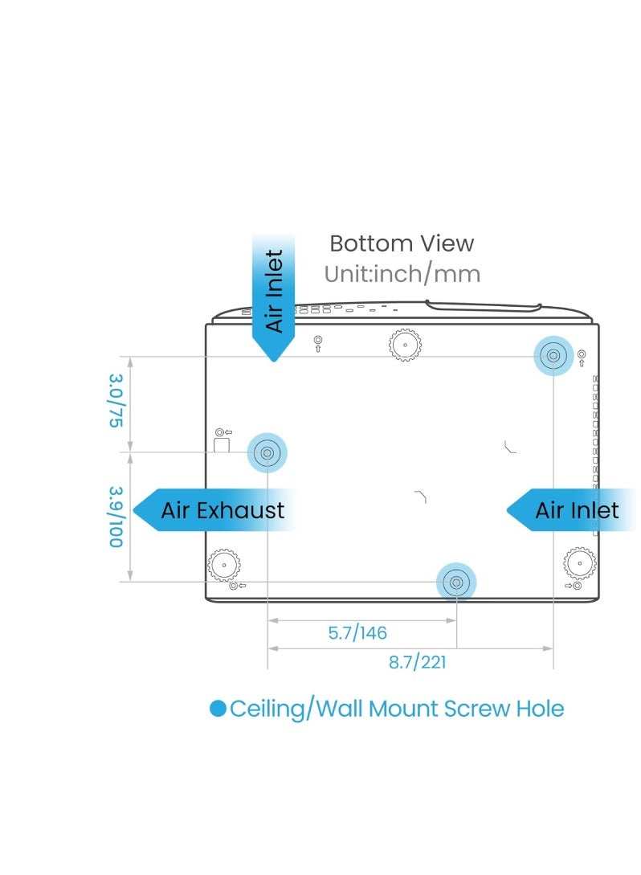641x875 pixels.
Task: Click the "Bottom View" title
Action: (402, 243)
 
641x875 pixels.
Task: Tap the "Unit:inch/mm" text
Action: (402, 274)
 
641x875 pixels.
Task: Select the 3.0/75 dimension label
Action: (116, 401)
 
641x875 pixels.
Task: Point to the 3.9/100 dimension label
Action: (116, 517)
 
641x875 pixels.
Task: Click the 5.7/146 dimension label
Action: (357, 633)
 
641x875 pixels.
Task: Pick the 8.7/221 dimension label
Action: (417, 662)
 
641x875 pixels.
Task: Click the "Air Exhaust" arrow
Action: (214, 510)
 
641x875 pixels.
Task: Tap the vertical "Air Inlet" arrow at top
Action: (273, 296)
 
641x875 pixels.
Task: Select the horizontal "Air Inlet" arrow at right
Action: (570, 510)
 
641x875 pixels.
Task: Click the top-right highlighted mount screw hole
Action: (553, 355)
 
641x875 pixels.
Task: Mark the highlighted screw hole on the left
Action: (267, 452)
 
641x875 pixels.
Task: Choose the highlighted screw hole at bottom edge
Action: (456, 583)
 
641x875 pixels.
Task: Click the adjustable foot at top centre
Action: (405, 345)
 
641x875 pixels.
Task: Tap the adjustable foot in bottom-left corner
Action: (224, 565)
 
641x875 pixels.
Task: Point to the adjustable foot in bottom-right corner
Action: (580, 563)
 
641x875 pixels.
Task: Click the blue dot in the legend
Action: (218, 709)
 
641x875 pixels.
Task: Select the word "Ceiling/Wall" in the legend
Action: (296, 709)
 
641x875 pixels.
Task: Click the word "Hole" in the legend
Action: (540, 709)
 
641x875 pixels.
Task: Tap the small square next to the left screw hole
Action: (222, 445)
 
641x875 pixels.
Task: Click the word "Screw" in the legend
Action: (478, 709)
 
